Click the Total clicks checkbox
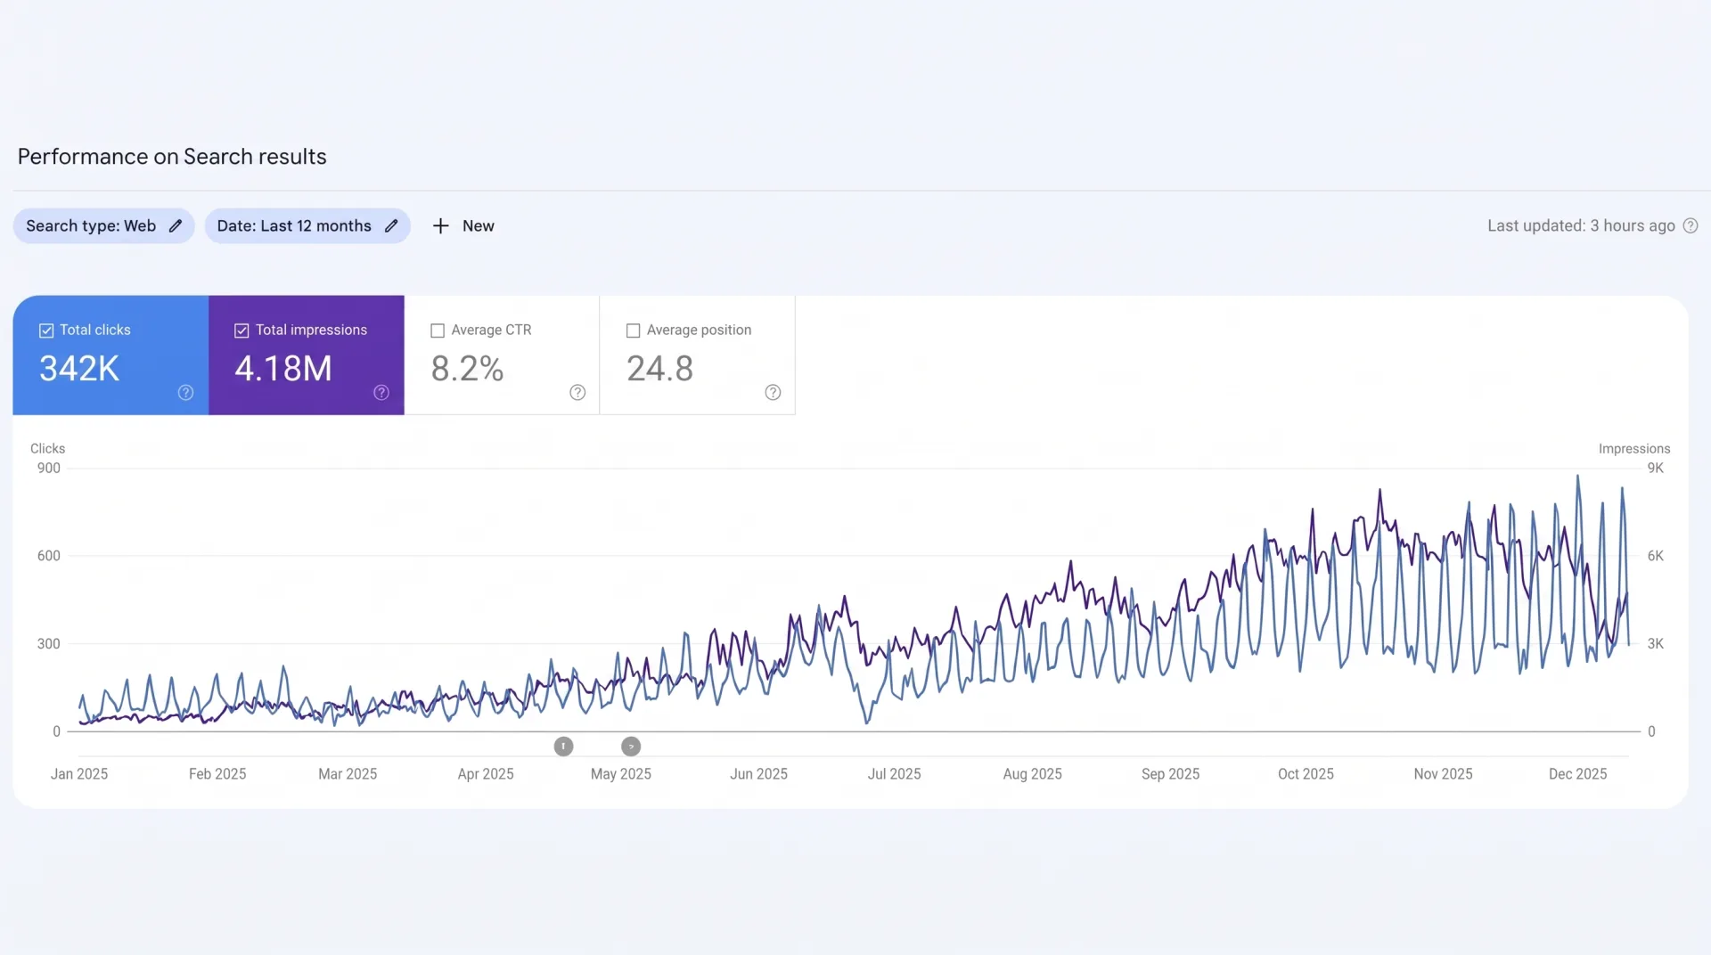(x=46, y=331)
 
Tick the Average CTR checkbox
(x=438, y=331)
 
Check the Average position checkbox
(x=634, y=331)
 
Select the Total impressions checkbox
(x=242, y=331)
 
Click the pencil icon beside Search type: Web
(x=176, y=226)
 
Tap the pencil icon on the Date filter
(x=391, y=226)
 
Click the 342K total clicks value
(x=79, y=369)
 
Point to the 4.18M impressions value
(x=283, y=369)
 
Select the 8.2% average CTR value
(x=467, y=369)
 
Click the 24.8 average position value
(x=659, y=369)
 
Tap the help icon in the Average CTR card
(x=577, y=393)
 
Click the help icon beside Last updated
(x=1691, y=226)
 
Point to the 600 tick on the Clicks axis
(x=49, y=556)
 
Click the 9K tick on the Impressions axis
(x=1656, y=469)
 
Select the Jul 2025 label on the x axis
(x=895, y=774)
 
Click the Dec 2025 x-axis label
(x=1578, y=774)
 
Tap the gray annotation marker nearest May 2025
(x=631, y=747)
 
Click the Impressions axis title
(x=1634, y=449)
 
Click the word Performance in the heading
(x=83, y=157)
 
